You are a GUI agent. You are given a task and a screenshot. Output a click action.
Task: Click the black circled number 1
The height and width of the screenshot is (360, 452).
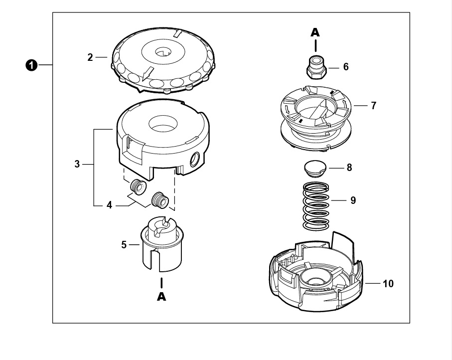pos(31,65)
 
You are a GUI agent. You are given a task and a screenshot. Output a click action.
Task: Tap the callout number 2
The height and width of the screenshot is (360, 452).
pos(90,57)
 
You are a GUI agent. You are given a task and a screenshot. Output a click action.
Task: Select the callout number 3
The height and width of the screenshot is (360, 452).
pos(77,164)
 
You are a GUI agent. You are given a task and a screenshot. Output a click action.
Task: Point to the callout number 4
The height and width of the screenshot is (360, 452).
pos(109,205)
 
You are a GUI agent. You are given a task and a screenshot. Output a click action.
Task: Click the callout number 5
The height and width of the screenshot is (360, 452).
pos(124,245)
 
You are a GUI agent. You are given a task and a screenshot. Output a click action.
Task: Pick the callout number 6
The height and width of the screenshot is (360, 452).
pos(346,67)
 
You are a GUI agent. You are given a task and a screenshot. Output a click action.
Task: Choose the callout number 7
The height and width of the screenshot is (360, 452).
pos(374,106)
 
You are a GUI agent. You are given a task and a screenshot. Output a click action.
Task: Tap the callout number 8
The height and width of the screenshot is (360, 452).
pos(349,168)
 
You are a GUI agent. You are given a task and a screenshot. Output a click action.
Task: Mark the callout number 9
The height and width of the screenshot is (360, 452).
pos(353,200)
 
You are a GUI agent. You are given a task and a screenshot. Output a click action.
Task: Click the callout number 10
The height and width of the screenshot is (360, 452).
pos(388,284)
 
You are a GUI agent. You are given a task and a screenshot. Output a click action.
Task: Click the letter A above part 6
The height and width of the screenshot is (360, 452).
pos(315,32)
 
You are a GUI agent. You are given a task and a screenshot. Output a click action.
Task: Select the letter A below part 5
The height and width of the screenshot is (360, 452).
pos(161,297)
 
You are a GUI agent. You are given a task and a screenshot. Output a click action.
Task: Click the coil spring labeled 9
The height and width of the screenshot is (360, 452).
pos(316,206)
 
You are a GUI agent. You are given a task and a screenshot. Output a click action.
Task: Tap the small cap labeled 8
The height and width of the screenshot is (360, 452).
pos(315,169)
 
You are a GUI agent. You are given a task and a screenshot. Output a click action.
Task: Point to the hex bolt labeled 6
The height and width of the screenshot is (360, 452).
pos(316,67)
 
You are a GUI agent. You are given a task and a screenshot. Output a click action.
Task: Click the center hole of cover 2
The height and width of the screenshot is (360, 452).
pos(163,52)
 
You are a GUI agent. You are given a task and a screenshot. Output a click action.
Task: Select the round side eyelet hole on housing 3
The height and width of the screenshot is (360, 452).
pos(195,159)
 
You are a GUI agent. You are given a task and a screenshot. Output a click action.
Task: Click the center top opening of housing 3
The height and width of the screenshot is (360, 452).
pos(163,124)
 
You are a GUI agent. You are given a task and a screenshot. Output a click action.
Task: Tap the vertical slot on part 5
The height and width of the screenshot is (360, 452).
pos(156,261)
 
